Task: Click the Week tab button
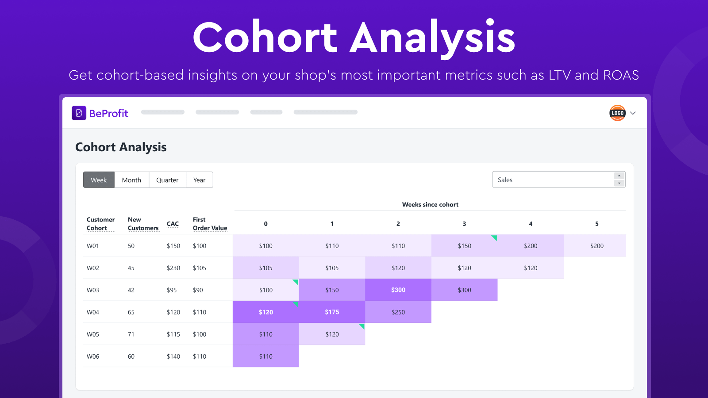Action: tap(99, 180)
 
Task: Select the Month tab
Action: tap(131, 180)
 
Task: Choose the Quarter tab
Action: tap(167, 180)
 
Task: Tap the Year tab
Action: tap(199, 180)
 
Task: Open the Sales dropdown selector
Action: tap(558, 180)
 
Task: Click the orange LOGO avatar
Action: tap(617, 113)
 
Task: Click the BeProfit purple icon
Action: tap(79, 113)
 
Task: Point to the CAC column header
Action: tap(173, 224)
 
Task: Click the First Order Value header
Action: tap(210, 224)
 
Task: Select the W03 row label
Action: tap(93, 290)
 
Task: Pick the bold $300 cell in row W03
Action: tap(398, 290)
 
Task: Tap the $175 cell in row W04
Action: tap(332, 312)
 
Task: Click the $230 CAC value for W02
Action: tap(173, 268)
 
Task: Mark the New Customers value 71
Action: tap(131, 334)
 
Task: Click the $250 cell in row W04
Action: tap(398, 312)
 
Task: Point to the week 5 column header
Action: tap(596, 224)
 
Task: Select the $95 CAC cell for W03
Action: tap(172, 290)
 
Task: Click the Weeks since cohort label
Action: tap(430, 204)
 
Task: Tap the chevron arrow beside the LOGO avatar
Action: tap(633, 113)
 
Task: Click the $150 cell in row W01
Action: tap(464, 245)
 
